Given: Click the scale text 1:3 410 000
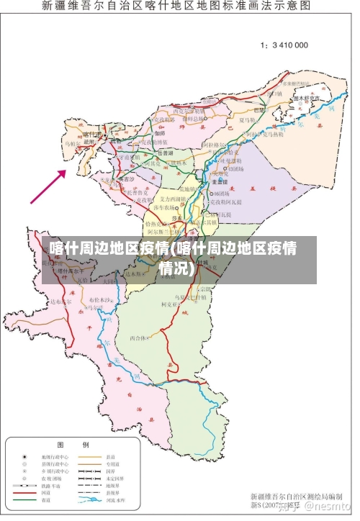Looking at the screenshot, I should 284,45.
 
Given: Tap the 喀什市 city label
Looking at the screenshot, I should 92,135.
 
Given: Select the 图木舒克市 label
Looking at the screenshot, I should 306,98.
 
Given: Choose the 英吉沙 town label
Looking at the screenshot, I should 125,178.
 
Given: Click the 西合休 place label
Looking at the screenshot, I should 138,337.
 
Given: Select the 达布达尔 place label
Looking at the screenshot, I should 63,302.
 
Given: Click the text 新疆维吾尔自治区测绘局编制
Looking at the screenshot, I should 296,497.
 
